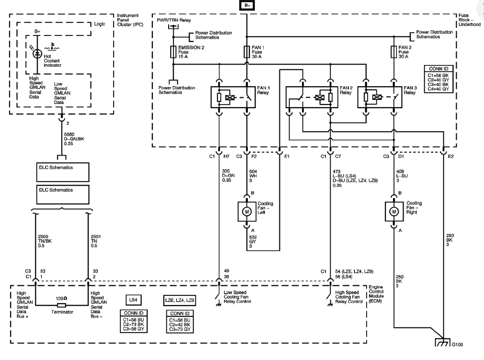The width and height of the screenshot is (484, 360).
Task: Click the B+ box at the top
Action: (247, 6)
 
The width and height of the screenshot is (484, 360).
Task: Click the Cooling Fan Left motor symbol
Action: (247, 211)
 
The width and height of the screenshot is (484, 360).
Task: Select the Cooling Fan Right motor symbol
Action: (393, 211)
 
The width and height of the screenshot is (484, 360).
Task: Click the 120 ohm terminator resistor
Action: (62, 305)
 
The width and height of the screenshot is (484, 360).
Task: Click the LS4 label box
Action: (132, 300)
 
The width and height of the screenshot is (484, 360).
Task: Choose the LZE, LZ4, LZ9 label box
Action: (179, 300)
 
